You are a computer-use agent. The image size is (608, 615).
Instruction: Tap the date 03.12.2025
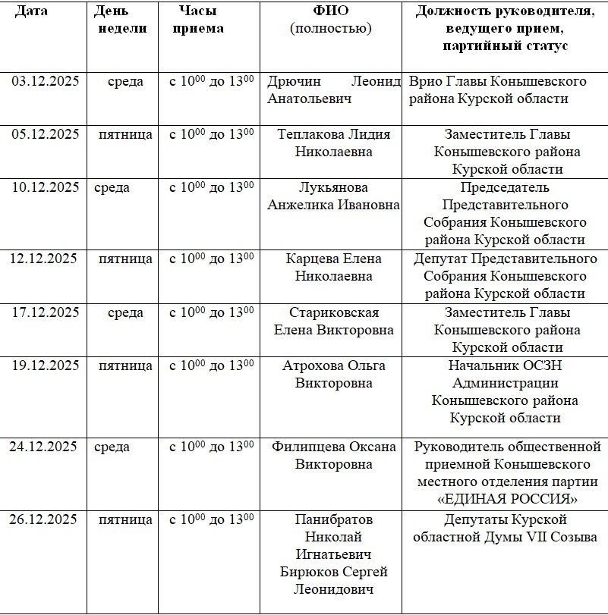pyautogui.click(x=46, y=81)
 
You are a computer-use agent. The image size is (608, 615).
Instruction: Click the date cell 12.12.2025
pyautogui.click(x=44, y=259)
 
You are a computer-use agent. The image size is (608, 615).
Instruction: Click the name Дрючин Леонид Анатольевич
pyautogui.click(x=333, y=90)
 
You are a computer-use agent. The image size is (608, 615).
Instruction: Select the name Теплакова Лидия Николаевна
pyautogui.click(x=334, y=143)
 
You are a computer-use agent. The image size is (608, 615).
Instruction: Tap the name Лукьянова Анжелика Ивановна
pyautogui.click(x=334, y=196)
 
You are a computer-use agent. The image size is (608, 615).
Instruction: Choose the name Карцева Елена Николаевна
pyautogui.click(x=334, y=267)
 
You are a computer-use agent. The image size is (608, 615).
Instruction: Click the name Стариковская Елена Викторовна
pyautogui.click(x=334, y=321)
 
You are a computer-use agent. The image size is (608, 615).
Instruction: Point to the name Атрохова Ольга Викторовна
pyautogui.click(x=334, y=374)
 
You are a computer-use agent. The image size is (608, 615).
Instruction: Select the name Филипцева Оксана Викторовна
pyautogui.click(x=334, y=455)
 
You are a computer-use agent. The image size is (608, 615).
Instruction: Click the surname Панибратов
pyautogui.click(x=334, y=519)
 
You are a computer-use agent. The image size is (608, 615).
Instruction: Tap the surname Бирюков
pyautogui.click(x=313, y=571)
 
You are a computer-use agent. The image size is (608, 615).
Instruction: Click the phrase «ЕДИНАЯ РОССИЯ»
pyautogui.click(x=508, y=499)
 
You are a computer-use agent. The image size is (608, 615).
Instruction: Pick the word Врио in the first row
pyautogui.click(x=424, y=81)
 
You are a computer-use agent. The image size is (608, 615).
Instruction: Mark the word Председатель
pyautogui.click(x=505, y=187)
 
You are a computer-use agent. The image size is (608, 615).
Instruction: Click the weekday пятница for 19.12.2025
pyautogui.click(x=125, y=366)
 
